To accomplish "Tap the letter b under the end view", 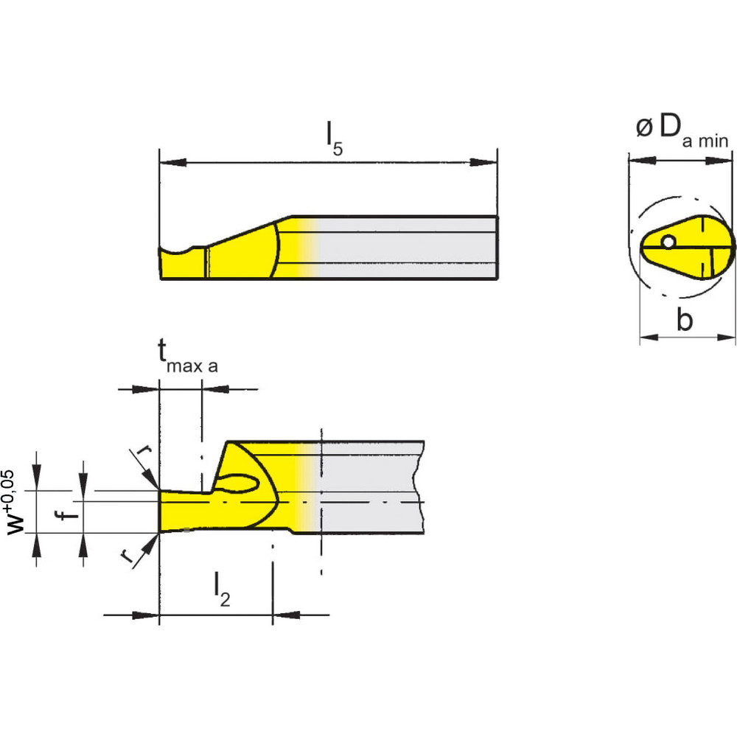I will tap(685, 321).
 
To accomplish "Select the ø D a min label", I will tap(682, 130).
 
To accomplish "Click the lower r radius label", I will tap(129, 557).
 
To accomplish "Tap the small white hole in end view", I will tap(668, 242).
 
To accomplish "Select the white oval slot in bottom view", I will tap(240, 484).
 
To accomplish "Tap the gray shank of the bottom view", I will tap(368, 486).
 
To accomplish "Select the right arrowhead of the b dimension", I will tap(725, 338).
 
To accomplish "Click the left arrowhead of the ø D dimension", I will tap(638, 158).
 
